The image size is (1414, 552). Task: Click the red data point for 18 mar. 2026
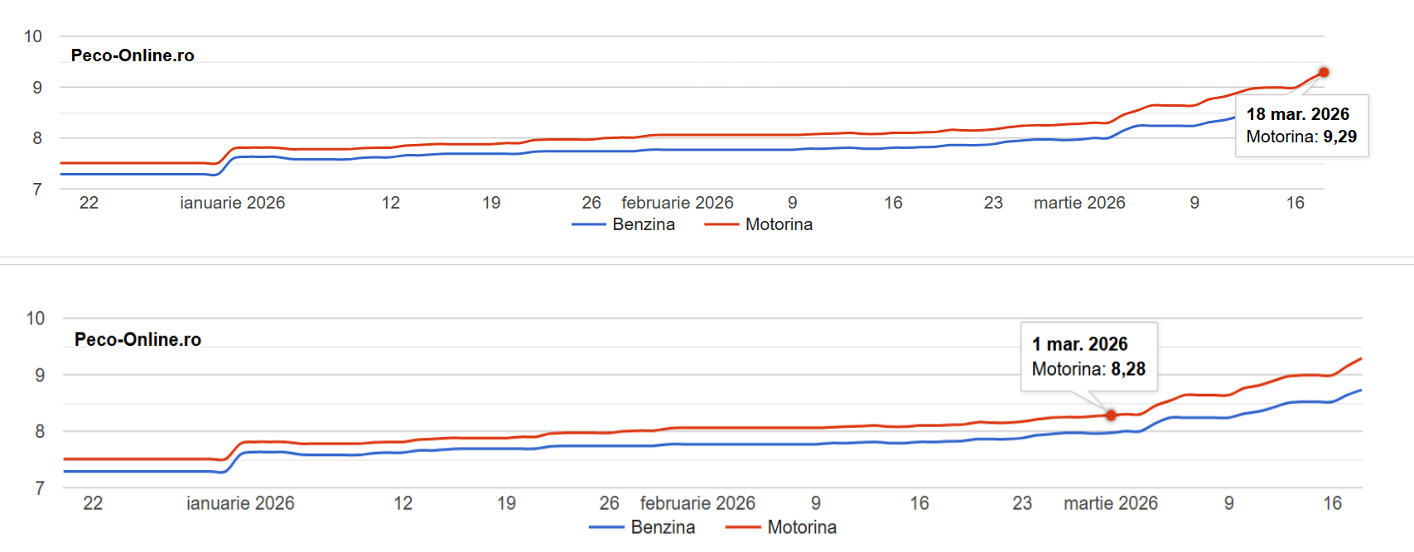click(x=1324, y=73)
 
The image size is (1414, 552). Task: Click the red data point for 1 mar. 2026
click(x=1111, y=415)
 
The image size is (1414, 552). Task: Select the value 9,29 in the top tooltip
click(x=1339, y=137)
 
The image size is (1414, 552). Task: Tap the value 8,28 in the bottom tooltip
click(x=1128, y=369)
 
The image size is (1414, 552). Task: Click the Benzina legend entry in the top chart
click(x=643, y=224)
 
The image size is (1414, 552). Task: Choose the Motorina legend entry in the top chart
click(x=779, y=224)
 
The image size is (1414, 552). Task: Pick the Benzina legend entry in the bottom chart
click(x=663, y=527)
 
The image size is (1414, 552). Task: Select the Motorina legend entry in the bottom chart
click(x=801, y=527)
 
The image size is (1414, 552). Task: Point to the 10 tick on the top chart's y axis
click(x=33, y=36)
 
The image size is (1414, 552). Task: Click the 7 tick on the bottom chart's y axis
click(x=40, y=488)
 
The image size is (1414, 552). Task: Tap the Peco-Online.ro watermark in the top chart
click(x=133, y=55)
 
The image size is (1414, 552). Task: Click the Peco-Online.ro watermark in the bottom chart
click(x=138, y=339)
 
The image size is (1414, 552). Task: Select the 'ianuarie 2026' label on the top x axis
click(x=232, y=203)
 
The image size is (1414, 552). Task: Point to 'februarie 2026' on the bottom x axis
click(x=697, y=503)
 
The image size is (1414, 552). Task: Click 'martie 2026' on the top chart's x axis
click(x=1079, y=203)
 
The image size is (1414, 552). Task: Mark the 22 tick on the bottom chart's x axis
click(x=93, y=503)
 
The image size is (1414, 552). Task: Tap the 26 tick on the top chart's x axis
click(x=591, y=203)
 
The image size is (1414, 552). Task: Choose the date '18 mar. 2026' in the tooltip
click(x=1297, y=114)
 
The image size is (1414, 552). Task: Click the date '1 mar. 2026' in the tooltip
click(x=1079, y=344)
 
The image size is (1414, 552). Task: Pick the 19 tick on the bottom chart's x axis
click(x=506, y=503)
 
